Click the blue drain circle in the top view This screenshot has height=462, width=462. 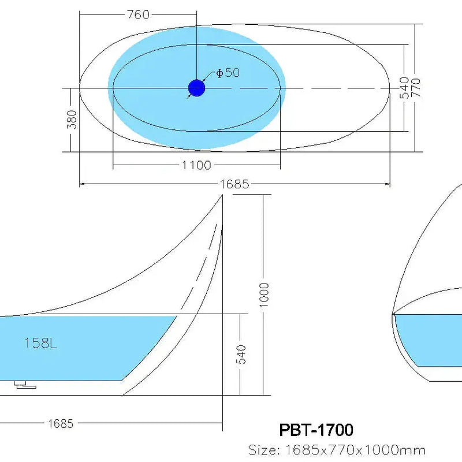pos(196,88)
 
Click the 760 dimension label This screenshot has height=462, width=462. pos(137,14)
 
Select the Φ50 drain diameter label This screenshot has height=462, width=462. pos(228,73)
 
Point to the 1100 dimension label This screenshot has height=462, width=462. pos(196,166)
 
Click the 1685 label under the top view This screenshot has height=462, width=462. pos(234,184)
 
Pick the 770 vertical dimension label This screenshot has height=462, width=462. pos(415,88)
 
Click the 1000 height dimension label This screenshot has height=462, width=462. pos(264,295)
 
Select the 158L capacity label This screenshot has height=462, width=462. pos(40,343)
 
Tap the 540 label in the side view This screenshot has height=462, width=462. pos(241,354)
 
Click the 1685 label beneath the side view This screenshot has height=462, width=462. pos(60,423)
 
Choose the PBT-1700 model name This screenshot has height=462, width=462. pos(316,430)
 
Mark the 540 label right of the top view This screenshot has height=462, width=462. pos(404,88)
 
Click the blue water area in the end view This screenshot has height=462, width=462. pos(433,341)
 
